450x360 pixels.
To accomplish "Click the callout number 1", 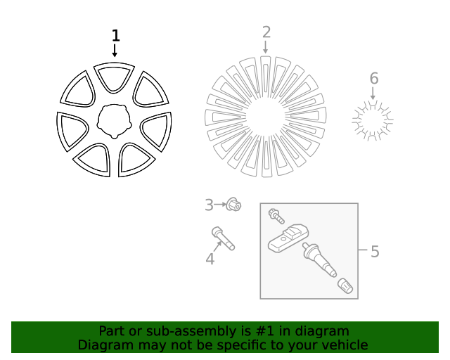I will click(x=115, y=36).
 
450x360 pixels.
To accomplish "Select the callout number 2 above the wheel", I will click(x=266, y=32).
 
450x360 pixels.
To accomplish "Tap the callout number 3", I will click(x=209, y=205).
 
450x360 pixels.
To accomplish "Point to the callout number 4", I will click(x=210, y=259).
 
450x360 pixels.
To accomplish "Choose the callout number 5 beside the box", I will click(x=375, y=251).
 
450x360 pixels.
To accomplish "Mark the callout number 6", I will click(x=373, y=78).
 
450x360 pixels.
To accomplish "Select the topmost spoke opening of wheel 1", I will click(x=115, y=76).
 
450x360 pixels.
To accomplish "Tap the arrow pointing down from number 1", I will click(x=115, y=51).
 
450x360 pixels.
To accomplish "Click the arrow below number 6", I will click(x=373, y=92).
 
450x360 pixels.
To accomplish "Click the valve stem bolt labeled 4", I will click(x=222, y=238).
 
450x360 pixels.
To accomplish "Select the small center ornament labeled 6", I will click(x=372, y=120).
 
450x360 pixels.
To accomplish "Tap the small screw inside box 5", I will click(x=274, y=214).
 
